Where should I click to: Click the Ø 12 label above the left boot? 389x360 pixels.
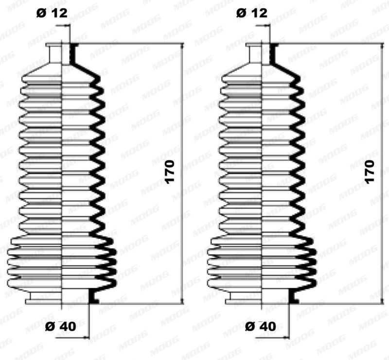tap(52, 13)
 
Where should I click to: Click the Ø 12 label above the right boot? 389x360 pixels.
tap(252, 13)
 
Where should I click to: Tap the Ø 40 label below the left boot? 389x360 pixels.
tap(60, 326)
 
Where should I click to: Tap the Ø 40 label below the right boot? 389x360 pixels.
tap(261, 326)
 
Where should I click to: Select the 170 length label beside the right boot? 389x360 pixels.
tap(370, 172)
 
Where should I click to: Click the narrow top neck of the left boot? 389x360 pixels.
tap(62, 53)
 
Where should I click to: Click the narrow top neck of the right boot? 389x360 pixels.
tap(262, 53)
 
